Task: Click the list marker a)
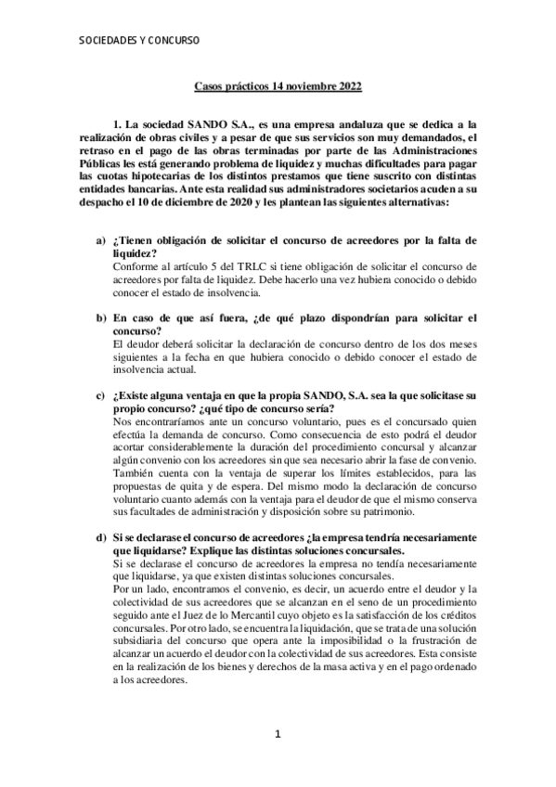coord(101,241)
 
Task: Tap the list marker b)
coord(101,317)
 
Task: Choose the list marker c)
coord(101,395)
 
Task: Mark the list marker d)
coord(101,538)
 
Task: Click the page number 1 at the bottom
coord(277,761)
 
